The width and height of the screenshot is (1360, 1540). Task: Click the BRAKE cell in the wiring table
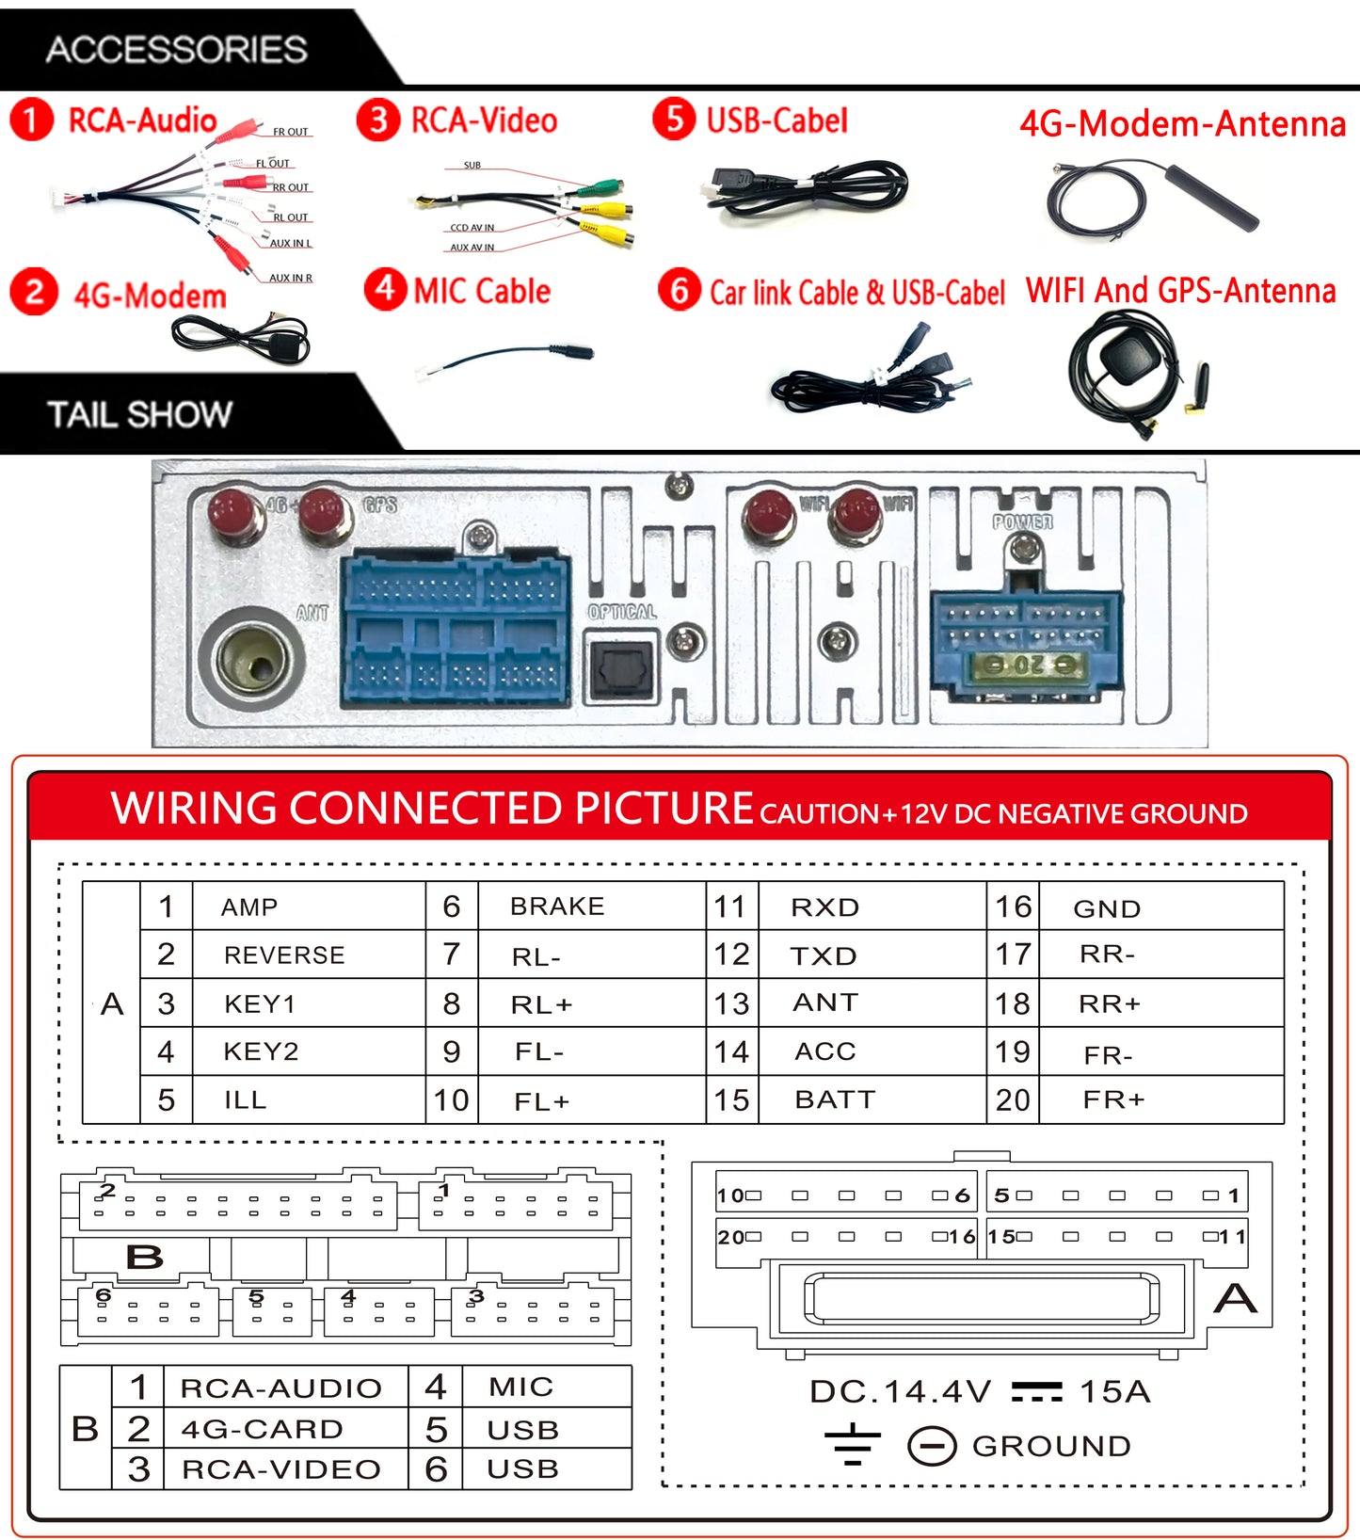(x=557, y=906)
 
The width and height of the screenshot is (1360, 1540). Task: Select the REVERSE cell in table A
(x=284, y=955)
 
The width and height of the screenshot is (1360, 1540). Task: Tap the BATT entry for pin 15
(x=835, y=1099)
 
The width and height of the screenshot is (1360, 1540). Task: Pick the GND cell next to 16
(x=1107, y=908)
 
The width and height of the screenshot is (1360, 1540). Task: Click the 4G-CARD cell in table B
(x=263, y=1429)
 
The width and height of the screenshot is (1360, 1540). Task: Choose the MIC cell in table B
(x=520, y=1387)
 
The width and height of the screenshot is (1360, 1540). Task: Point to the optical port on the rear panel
(x=620, y=668)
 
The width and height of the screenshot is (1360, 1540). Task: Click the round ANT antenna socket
(x=252, y=661)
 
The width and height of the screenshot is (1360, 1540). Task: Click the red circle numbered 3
(x=377, y=120)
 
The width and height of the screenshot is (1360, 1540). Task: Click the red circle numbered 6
(x=679, y=290)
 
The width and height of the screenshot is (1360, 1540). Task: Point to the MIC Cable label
(x=482, y=291)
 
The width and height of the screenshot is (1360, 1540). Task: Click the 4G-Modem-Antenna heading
(x=1182, y=123)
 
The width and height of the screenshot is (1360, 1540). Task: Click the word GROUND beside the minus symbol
(x=1051, y=1446)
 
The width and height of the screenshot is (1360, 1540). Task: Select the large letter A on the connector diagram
(x=1235, y=1299)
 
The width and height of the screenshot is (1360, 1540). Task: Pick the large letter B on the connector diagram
(x=144, y=1257)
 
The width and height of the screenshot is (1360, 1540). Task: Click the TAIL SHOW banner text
(x=139, y=414)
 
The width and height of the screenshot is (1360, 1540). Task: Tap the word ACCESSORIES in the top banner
(x=176, y=49)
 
